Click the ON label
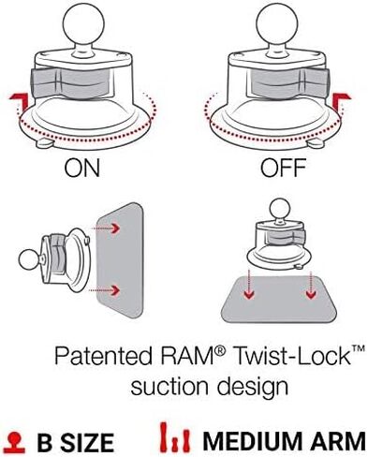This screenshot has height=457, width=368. click(82, 168)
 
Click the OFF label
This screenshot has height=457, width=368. click(284, 168)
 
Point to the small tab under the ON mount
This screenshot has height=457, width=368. click(45, 143)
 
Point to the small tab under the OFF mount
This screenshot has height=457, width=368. click(316, 143)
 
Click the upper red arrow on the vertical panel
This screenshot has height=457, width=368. click(106, 228)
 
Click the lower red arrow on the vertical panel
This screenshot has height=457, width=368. click(105, 290)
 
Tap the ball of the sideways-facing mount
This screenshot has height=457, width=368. click(29, 259)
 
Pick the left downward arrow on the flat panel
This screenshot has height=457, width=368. click(249, 285)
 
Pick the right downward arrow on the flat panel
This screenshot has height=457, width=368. click(310, 285)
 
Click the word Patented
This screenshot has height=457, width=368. click(103, 356)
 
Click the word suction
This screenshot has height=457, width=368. click(169, 387)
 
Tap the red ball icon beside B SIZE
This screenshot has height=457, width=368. click(16, 442)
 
